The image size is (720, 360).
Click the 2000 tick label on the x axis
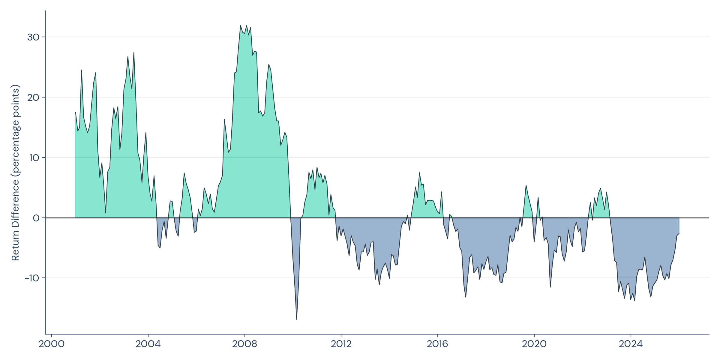(x=51, y=344)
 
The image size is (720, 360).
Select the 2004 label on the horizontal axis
(x=148, y=344)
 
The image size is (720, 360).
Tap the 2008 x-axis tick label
(x=244, y=344)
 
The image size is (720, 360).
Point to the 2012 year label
(x=341, y=344)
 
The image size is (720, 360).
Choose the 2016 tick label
(x=437, y=344)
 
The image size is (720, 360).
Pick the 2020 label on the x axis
(x=534, y=344)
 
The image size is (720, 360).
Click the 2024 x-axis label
(x=631, y=344)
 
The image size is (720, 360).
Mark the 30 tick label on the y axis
(x=33, y=37)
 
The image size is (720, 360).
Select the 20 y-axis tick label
(x=33, y=97)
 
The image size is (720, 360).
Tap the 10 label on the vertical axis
(x=34, y=158)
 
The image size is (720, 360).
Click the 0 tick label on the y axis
(x=36, y=218)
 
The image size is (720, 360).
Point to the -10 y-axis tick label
(x=32, y=278)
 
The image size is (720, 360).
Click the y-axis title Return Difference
(x=15, y=172)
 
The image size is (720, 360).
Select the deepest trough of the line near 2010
(x=297, y=319)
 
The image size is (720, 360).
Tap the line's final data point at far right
(x=679, y=234)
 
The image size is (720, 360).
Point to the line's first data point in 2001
(x=75, y=112)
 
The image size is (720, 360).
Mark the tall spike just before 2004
(x=134, y=52)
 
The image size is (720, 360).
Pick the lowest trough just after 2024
(x=634, y=301)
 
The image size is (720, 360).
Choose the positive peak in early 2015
(x=419, y=173)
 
